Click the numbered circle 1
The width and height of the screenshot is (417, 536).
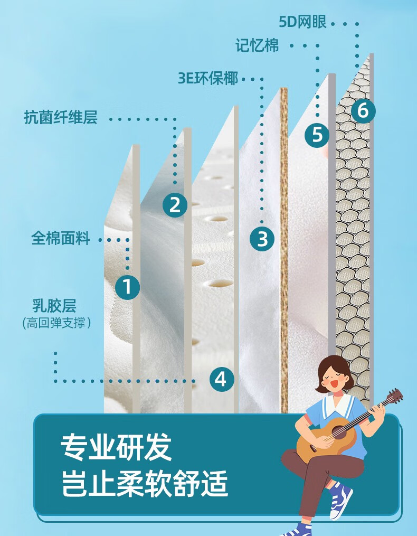click(127, 287)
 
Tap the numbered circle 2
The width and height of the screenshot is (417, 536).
click(175, 205)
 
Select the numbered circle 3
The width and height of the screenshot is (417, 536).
click(262, 238)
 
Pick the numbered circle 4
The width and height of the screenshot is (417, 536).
click(222, 379)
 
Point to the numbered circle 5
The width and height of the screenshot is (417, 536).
click(317, 134)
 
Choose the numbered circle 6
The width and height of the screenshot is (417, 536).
click(363, 111)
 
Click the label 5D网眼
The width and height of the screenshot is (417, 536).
click(302, 22)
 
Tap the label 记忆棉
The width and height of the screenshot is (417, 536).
click(257, 45)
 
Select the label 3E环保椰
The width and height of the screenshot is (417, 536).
click(208, 78)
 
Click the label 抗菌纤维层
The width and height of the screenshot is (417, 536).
click(61, 117)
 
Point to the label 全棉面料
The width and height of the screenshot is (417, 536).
click(61, 238)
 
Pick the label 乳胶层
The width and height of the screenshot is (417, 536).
click(54, 305)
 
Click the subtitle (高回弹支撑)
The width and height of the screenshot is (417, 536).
click(56, 323)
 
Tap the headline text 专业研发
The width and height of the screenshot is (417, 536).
click(116, 447)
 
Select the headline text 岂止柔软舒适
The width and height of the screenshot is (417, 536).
click(144, 483)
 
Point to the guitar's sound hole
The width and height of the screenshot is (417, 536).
click(338, 432)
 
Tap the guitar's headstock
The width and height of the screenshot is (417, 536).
click(395, 396)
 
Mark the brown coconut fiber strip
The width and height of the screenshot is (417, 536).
click(284, 250)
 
